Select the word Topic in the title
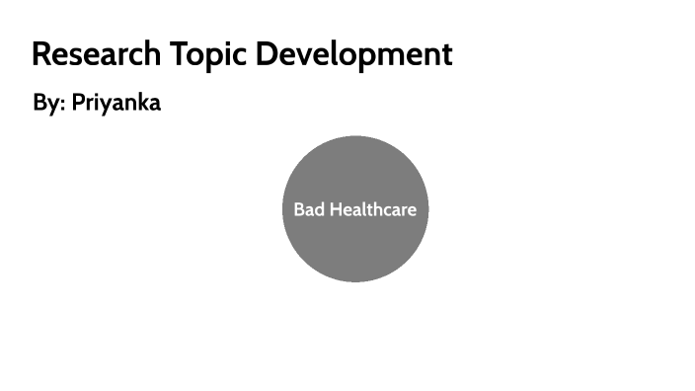pyautogui.click(x=210, y=54)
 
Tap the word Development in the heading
pyautogui.click(x=353, y=54)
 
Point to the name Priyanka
pyautogui.click(x=116, y=103)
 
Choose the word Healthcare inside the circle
pyautogui.click(x=372, y=209)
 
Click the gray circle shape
pyautogui.click(x=355, y=247)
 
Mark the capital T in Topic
pyautogui.click(x=180, y=54)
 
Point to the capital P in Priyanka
pyautogui.click(x=78, y=103)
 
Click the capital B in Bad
pyautogui.click(x=299, y=209)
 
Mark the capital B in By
pyautogui.click(x=39, y=103)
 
